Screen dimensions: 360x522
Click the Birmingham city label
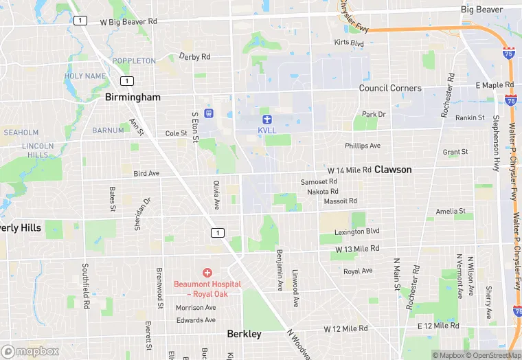133,98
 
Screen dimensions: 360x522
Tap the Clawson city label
393,169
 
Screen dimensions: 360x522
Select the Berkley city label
244,334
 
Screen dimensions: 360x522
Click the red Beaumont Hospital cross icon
207,273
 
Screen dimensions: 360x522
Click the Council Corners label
391,88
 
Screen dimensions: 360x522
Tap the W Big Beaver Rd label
128,21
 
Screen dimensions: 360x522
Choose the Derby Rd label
195,56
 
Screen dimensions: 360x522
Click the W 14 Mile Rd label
349,169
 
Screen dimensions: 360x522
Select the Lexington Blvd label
357,232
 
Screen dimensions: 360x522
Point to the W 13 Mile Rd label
357,248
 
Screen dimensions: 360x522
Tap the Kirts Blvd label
348,43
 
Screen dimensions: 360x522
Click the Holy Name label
86,76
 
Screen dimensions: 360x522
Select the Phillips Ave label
363,146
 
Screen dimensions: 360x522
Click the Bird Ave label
146,174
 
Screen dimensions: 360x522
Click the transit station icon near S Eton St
209,113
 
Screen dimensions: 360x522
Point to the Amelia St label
451,212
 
